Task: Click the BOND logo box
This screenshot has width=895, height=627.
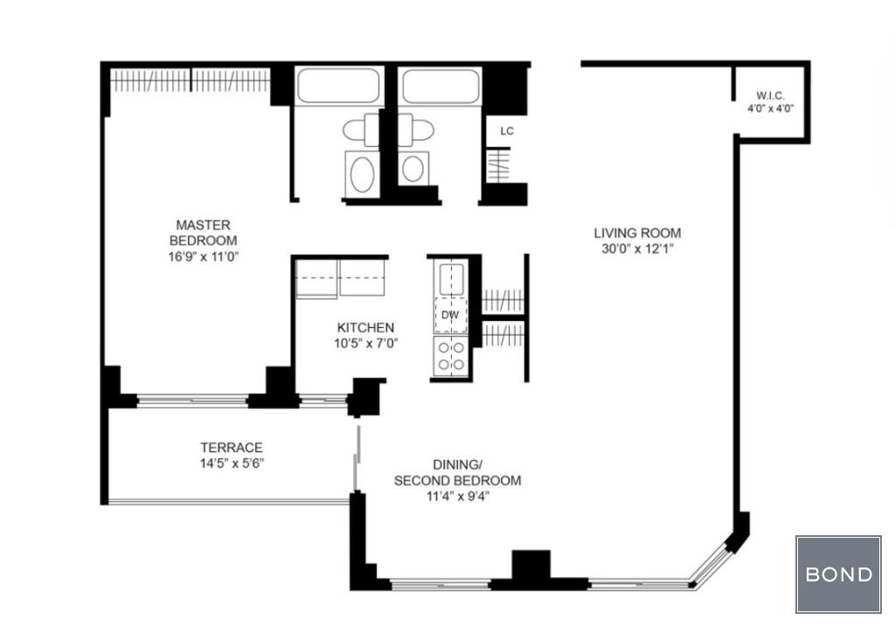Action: (838, 574)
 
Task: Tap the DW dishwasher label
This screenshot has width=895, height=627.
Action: (450, 315)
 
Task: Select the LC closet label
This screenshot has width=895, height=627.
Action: (507, 131)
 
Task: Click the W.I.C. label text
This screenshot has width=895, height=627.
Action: (771, 95)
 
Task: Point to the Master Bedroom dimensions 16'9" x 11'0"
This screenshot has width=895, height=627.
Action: (203, 256)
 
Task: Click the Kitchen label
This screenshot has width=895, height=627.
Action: (365, 328)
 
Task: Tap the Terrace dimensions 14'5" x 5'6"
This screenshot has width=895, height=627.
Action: (231, 463)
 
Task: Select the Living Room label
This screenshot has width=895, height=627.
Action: (637, 233)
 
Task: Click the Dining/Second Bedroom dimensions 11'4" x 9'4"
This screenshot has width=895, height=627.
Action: (458, 496)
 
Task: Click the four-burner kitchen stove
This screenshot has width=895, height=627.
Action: (451, 356)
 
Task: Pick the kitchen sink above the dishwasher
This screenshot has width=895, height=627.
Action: (451, 279)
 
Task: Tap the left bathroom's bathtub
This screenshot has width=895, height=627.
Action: (338, 87)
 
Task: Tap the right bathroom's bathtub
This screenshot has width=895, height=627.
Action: (441, 87)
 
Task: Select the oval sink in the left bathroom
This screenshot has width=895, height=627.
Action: (363, 175)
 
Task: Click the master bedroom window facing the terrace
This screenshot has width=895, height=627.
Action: (192, 400)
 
